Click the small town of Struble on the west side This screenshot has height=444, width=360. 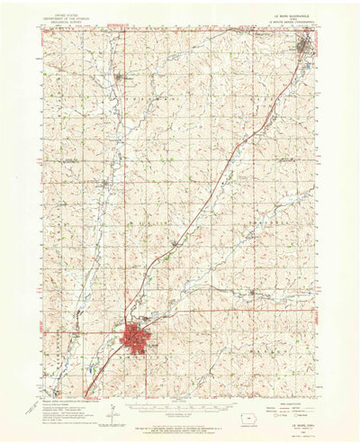(106, 185)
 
